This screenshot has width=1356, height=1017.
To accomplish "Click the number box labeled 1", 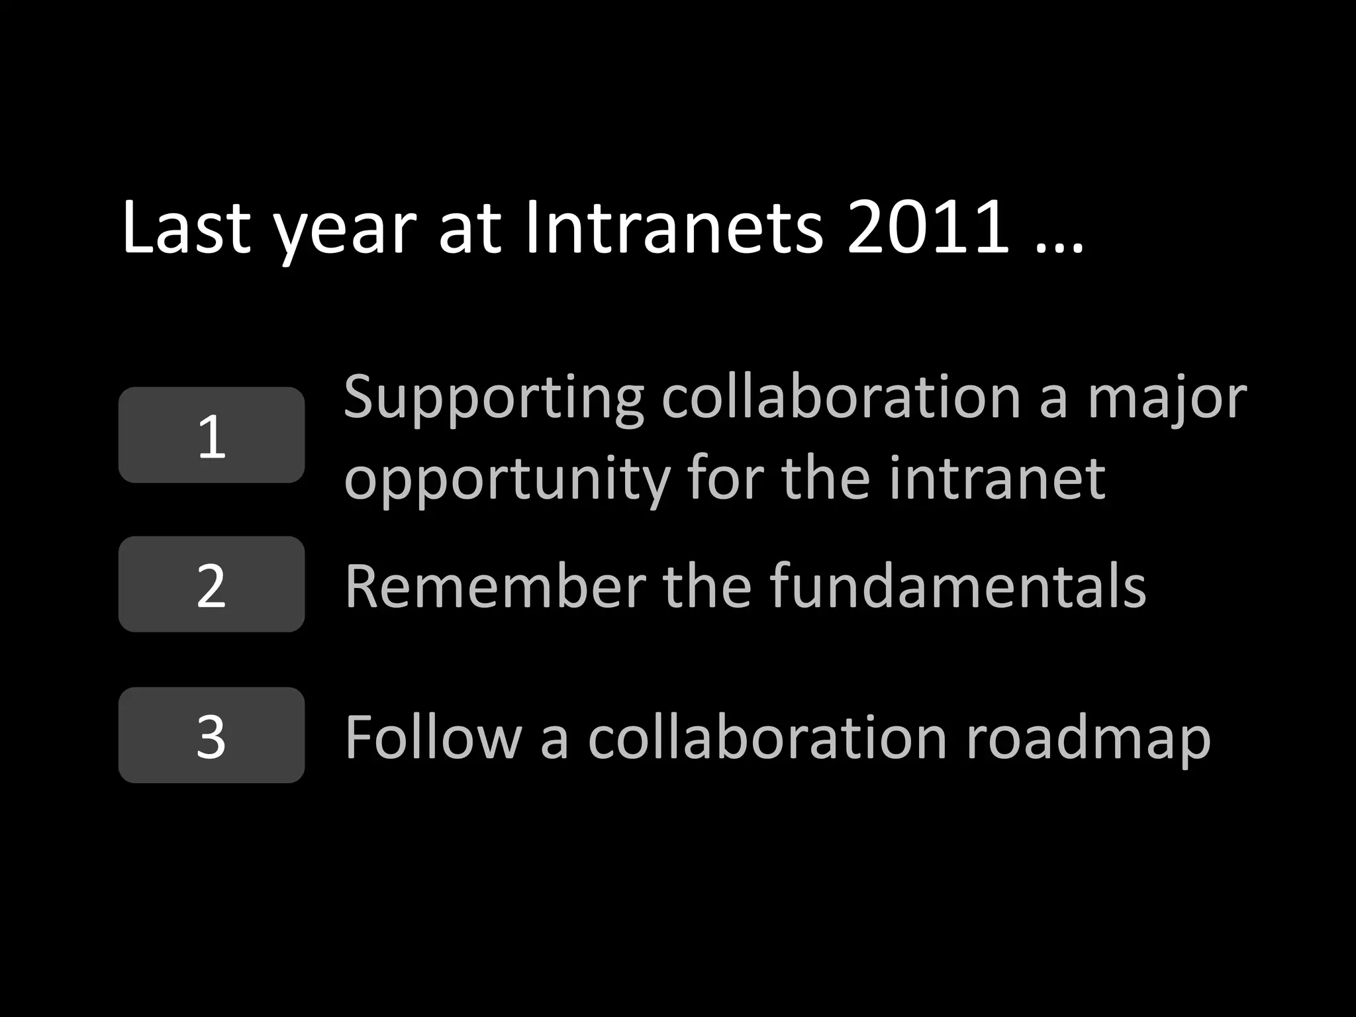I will point(211,435).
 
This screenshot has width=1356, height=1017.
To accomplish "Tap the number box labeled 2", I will point(211,585).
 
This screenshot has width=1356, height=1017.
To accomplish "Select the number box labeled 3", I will point(211,735).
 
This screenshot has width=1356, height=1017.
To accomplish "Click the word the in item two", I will point(707,585).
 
